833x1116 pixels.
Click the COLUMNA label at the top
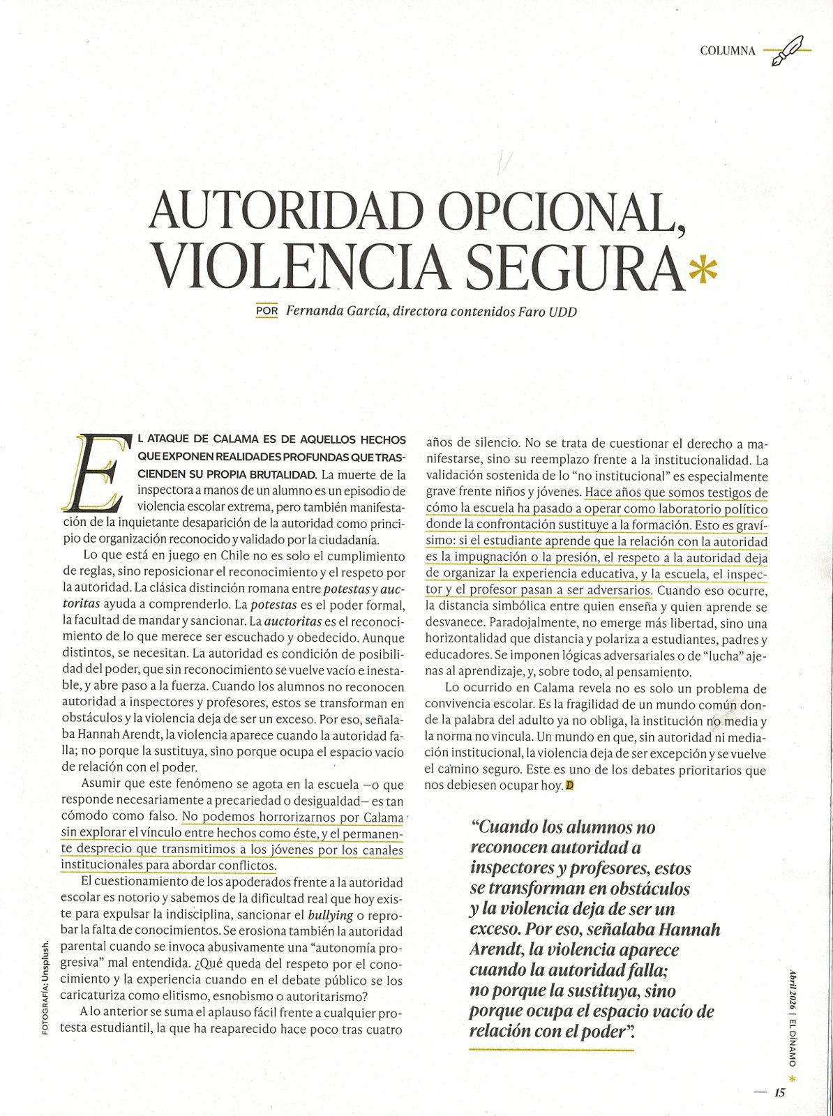pos(727,50)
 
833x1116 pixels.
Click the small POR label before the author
pos(267,310)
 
